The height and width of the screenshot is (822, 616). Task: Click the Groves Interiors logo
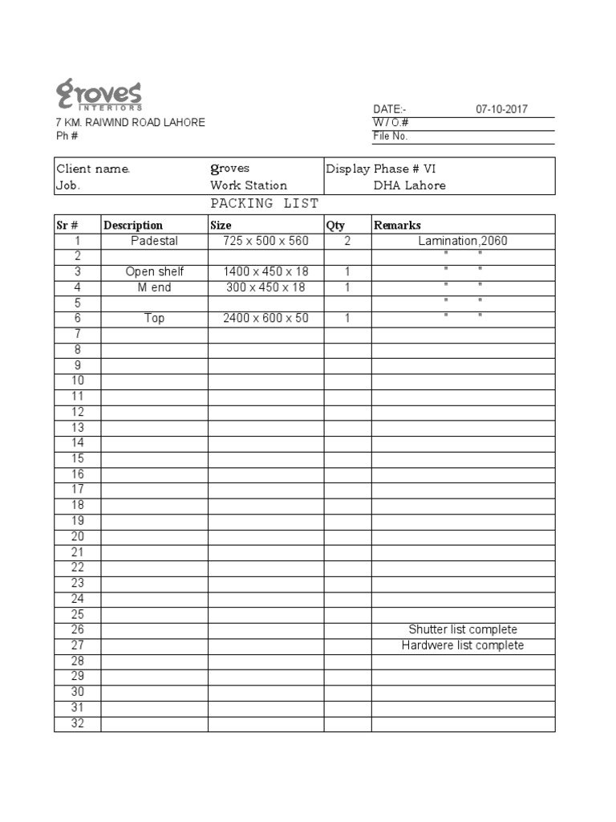[x=99, y=94]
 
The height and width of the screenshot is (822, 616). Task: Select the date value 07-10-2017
[x=501, y=110]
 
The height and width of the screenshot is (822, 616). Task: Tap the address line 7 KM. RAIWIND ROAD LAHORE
[x=130, y=123]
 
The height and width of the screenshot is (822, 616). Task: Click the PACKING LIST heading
[x=264, y=204]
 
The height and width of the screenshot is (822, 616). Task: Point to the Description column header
[x=133, y=226]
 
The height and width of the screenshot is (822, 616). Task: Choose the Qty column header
[x=335, y=226]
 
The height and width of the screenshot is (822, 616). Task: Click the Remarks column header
[x=397, y=226]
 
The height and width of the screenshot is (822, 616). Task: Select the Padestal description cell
[x=154, y=241]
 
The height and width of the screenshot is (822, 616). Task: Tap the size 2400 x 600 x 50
[x=265, y=319]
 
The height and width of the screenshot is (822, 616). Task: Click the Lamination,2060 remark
[x=463, y=241]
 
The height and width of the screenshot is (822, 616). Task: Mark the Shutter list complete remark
[x=463, y=629]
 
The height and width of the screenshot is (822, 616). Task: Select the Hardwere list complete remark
[x=463, y=645]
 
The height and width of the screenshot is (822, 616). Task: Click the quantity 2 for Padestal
[x=347, y=241]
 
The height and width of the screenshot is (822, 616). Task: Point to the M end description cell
[x=154, y=287]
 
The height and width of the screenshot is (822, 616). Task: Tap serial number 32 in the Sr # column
[x=78, y=723]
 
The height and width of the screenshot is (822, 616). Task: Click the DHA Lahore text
[x=410, y=185]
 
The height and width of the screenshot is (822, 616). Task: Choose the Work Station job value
[x=249, y=185]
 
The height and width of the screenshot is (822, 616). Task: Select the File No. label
[x=391, y=136]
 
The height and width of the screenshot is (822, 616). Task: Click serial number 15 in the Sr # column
[x=78, y=458]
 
